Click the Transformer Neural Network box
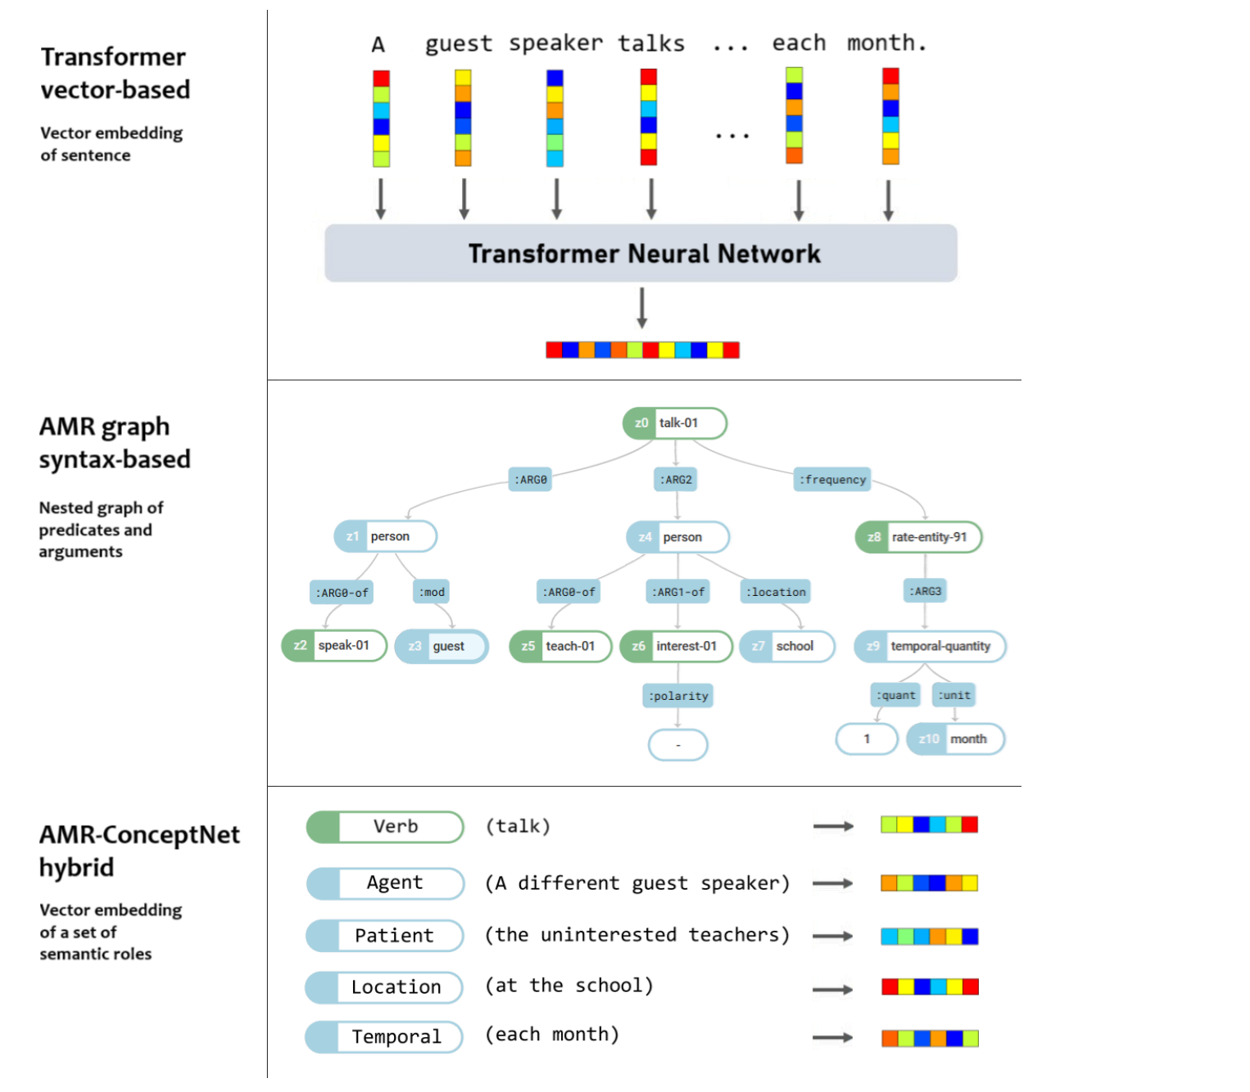coord(641,253)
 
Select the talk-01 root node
coord(675,423)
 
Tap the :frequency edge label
coord(832,480)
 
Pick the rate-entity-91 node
coord(918,537)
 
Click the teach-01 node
coord(560,646)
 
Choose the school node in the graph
coord(787,646)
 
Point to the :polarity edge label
coord(678,696)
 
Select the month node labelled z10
coord(955,738)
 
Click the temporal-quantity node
coord(930,646)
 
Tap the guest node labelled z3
coord(442,646)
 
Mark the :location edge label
coord(776,592)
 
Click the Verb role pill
coord(385,827)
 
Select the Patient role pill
coord(385,936)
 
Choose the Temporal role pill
coord(384,1037)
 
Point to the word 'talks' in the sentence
coord(651,43)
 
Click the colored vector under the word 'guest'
coord(463,118)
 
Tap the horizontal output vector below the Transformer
coord(642,350)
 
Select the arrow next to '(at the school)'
coord(833,990)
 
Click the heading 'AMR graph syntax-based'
coord(115,443)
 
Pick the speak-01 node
coord(334,646)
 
